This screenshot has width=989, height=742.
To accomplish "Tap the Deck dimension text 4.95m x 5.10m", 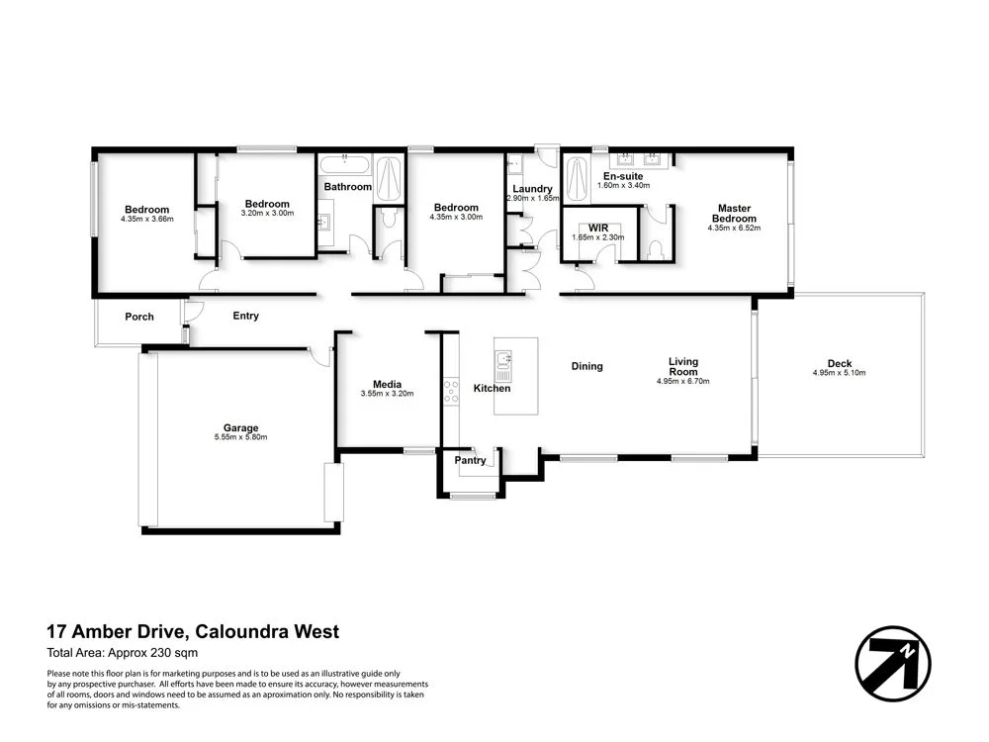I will click(839, 373).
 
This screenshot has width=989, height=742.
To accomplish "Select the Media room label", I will click(386, 384).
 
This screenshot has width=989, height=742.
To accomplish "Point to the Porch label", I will click(139, 318).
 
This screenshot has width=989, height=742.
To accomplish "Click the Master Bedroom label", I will click(734, 214).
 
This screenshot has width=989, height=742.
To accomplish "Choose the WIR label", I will click(597, 227).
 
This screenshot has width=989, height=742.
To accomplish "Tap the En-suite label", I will click(622, 176).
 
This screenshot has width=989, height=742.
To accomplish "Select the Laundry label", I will click(531, 188).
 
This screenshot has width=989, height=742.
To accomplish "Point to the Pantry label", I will click(470, 460).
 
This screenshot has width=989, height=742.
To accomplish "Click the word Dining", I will click(586, 367).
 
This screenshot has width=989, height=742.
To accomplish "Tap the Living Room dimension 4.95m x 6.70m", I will click(682, 381).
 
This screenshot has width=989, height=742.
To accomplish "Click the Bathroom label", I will click(347, 187).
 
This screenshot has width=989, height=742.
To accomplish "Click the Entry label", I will click(245, 317).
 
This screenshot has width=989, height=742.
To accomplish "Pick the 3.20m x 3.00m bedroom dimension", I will click(267, 213).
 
